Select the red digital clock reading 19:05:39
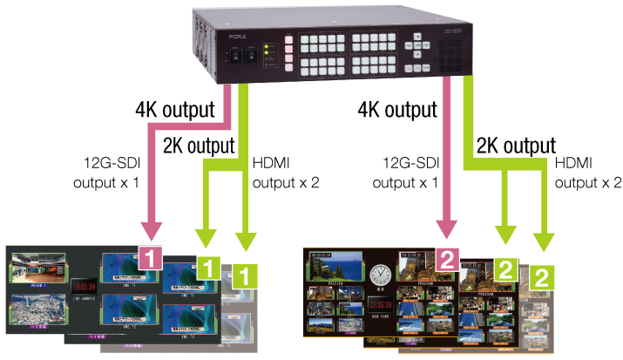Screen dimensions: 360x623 click(x=83, y=284)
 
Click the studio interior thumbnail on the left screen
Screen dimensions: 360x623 click(x=37, y=267)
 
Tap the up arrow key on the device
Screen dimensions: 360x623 click(x=419, y=37)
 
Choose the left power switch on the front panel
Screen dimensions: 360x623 click(x=235, y=57)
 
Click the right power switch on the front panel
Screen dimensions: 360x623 click(x=251, y=57)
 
